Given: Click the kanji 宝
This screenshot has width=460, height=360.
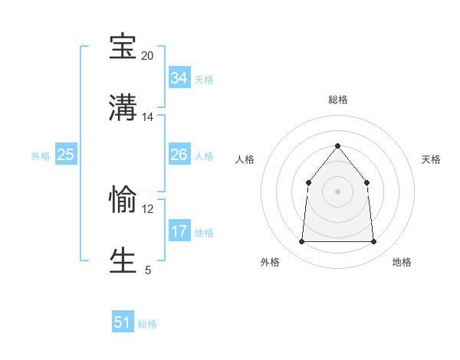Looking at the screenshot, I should click(x=123, y=47).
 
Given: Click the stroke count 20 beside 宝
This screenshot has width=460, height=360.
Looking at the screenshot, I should click(x=148, y=56).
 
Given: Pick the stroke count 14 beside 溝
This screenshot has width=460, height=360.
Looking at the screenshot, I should click(x=148, y=117).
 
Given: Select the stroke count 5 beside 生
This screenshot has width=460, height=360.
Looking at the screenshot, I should click(x=148, y=270).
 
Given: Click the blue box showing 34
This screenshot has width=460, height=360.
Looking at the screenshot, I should click(x=179, y=78).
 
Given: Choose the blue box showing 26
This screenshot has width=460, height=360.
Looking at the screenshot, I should click(x=179, y=155).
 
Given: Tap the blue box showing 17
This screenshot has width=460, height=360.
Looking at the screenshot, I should click(x=179, y=231).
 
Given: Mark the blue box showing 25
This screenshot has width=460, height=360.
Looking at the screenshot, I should click(x=65, y=155).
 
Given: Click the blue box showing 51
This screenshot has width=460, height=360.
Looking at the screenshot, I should click(x=123, y=322).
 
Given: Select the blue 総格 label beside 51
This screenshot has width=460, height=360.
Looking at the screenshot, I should click(x=147, y=324).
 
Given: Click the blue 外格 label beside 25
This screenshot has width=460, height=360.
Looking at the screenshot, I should click(x=41, y=156).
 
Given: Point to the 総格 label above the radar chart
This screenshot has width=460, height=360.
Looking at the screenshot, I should click(x=337, y=100).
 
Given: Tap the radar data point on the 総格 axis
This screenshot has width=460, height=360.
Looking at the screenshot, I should click(x=337, y=146).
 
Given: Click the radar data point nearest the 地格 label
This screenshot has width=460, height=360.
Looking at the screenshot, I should click(x=373, y=242).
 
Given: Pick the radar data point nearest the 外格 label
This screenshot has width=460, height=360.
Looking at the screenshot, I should click(x=302, y=242).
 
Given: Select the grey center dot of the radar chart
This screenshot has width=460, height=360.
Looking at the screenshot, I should click(x=337, y=191).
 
